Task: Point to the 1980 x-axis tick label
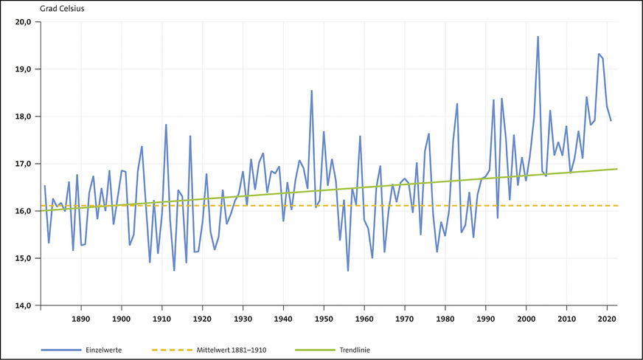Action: (x=445, y=319)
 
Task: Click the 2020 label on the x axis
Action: (x=607, y=319)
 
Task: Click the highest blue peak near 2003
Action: (x=538, y=36)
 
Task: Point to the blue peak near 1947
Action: (x=312, y=91)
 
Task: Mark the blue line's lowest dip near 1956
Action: (x=348, y=271)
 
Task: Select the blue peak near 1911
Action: (x=166, y=124)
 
